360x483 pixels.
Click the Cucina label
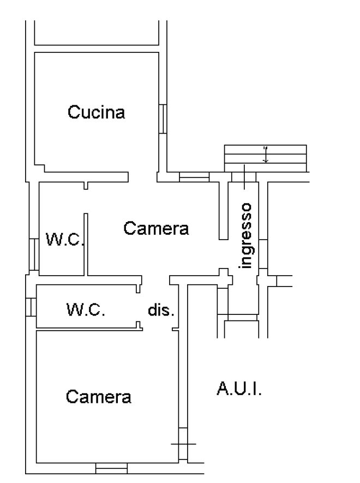[97, 112]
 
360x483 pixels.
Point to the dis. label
[161, 311]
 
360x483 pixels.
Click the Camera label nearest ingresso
[156, 228]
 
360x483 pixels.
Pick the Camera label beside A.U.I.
[99, 396]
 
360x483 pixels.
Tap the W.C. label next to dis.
[86, 311]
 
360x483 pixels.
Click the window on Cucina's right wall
[163, 119]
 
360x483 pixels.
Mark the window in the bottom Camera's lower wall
[111, 468]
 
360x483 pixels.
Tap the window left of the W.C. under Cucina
[33, 254]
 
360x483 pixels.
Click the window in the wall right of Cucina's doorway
[195, 176]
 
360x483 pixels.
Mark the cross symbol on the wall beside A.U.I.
[183, 444]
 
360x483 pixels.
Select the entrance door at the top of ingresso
[244, 176]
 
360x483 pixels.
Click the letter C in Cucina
[73, 112]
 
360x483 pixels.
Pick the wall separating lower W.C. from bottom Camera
[87, 328]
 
